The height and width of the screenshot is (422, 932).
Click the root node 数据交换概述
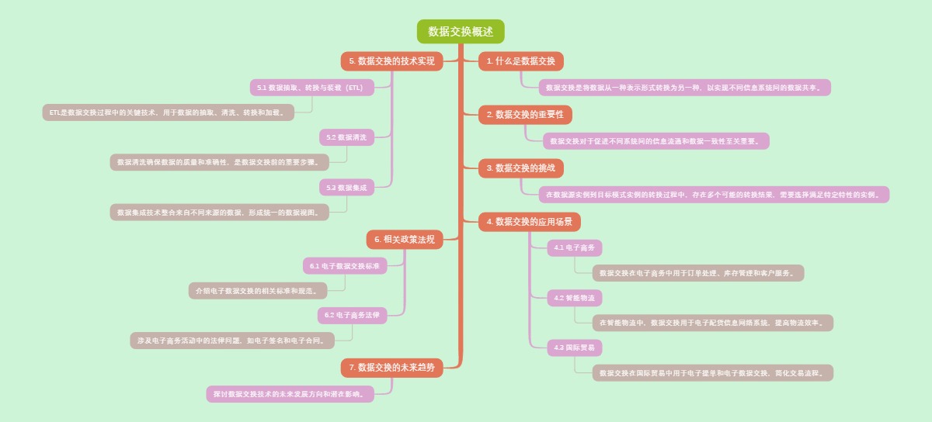click(461, 32)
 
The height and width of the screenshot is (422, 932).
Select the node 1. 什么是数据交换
click(520, 61)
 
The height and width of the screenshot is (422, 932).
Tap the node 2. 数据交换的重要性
click(525, 115)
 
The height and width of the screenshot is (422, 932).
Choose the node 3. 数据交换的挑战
click(520, 168)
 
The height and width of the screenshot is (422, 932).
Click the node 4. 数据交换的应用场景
click(529, 222)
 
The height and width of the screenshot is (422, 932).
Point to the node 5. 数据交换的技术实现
click(391, 61)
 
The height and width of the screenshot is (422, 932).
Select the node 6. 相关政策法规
click(405, 240)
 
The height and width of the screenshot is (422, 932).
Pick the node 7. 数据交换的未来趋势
click(391, 368)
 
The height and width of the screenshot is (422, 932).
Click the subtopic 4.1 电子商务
click(574, 248)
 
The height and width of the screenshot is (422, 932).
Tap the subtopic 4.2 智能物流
click(574, 298)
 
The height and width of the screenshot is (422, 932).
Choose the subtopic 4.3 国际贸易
click(574, 348)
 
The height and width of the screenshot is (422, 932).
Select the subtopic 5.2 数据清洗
click(346, 137)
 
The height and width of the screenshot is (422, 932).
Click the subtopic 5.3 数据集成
click(346, 188)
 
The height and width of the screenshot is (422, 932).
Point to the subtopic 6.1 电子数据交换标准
click(344, 266)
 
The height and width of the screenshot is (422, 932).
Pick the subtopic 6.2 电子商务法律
click(352, 316)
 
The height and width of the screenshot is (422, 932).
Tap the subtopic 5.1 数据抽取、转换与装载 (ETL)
click(311, 88)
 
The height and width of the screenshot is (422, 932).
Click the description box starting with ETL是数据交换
click(168, 112)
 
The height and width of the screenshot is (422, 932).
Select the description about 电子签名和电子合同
click(231, 341)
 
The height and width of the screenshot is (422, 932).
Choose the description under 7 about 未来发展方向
click(290, 394)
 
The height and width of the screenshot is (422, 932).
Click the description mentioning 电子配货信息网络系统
click(712, 323)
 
